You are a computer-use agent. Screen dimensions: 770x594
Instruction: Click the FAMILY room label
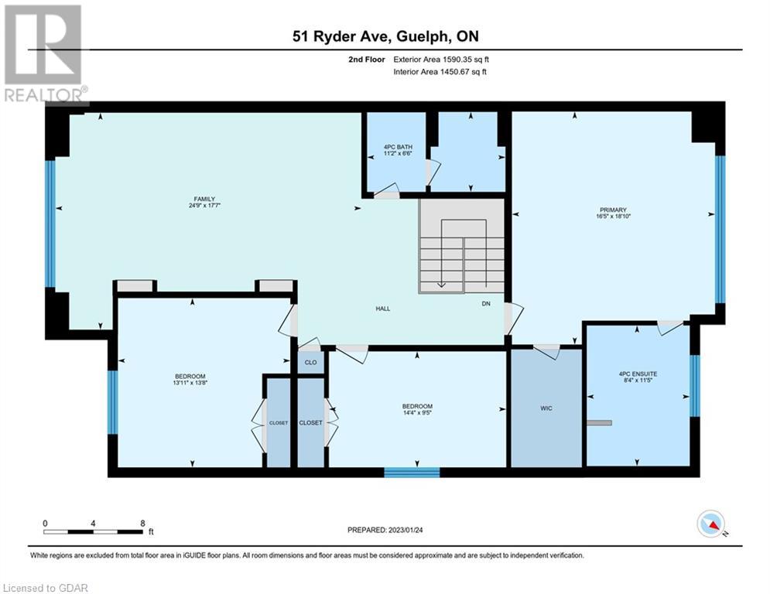[x=204, y=200]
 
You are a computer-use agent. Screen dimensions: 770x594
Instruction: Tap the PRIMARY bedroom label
[x=613, y=210]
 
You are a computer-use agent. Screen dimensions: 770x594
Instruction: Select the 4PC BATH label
[x=398, y=147]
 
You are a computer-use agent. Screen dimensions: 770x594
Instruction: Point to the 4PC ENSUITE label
[x=638, y=374]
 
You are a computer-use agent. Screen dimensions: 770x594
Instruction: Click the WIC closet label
[x=546, y=408]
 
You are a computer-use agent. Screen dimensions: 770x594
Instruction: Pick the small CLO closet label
[x=311, y=363]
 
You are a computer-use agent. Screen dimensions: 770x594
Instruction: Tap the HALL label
[x=383, y=309]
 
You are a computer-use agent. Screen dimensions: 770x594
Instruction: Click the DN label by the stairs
[x=486, y=304]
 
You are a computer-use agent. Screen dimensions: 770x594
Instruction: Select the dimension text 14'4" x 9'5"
[x=417, y=413]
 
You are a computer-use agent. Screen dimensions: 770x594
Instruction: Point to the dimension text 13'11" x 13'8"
[x=190, y=383]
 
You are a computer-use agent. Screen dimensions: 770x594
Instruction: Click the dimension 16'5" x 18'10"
[x=613, y=216]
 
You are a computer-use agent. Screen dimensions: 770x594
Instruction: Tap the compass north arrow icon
[x=711, y=524]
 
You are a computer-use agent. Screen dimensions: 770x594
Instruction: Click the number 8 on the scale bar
[x=143, y=524]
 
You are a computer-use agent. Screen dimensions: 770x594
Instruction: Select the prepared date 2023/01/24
[x=406, y=530]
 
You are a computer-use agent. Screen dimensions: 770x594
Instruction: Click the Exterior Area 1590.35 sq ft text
[x=441, y=60]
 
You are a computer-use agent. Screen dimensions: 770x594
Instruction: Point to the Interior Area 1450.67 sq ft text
[x=440, y=72]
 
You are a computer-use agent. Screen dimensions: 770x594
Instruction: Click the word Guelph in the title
[x=422, y=36]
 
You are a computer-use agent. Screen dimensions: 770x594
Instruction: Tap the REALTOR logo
[x=44, y=54]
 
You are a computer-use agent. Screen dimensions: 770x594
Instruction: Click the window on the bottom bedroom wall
[x=412, y=473]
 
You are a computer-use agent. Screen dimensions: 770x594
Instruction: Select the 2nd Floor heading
[x=367, y=60]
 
